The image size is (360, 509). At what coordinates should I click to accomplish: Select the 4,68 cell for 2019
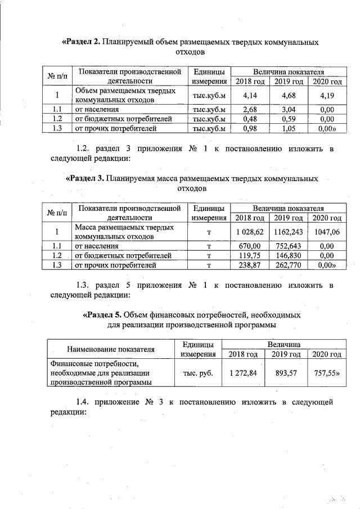point(288,95)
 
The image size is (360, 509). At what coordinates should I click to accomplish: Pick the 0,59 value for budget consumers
point(288,119)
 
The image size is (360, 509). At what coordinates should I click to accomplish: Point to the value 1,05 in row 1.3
point(288,129)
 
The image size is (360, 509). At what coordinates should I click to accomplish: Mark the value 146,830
point(288,255)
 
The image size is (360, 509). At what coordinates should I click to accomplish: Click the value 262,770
point(288,265)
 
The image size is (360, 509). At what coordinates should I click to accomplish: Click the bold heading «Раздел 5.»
point(101,315)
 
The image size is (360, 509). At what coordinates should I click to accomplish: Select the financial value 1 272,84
point(244,373)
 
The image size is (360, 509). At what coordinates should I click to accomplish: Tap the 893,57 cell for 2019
point(285,373)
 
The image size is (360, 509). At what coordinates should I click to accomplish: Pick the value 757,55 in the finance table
point(326,373)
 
